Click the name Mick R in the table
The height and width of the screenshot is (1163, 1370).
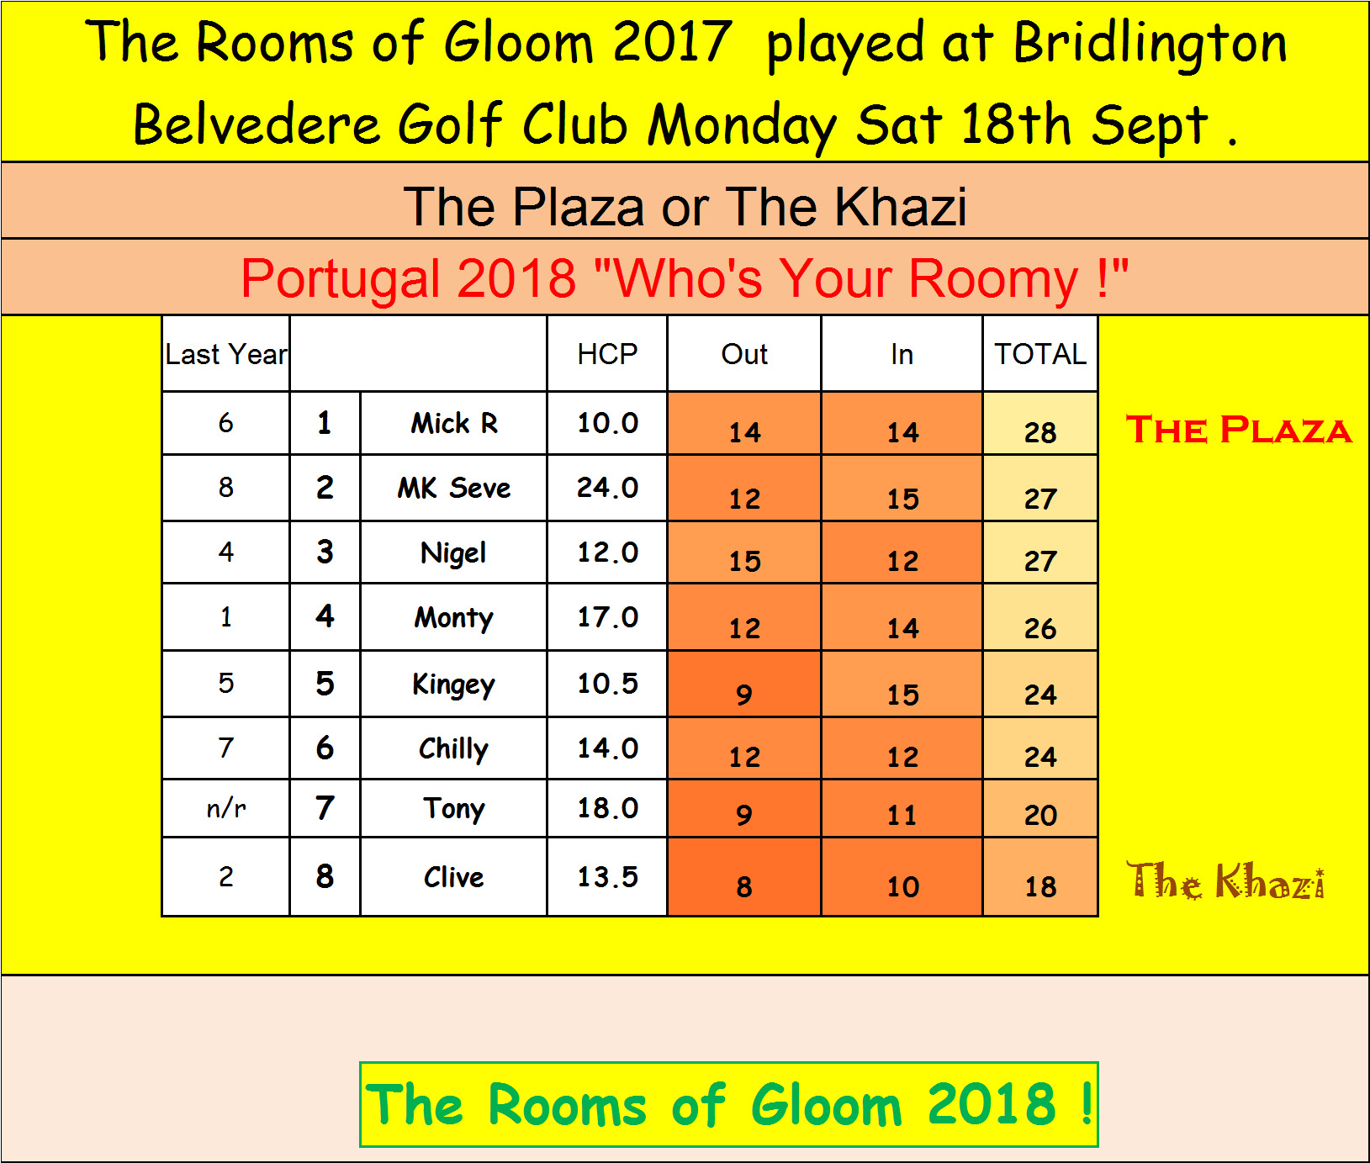(x=454, y=423)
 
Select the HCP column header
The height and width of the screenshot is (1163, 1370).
(x=607, y=354)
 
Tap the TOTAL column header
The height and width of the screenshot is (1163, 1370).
(x=1040, y=354)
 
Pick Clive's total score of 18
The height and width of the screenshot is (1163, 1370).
(x=1040, y=886)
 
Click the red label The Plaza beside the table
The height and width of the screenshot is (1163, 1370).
(x=1239, y=430)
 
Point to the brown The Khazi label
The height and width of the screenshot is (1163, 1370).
(x=1226, y=880)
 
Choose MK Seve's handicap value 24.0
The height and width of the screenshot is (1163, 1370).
(x=607, y=488)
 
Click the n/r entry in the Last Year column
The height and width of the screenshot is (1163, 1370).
(x=226, y=808)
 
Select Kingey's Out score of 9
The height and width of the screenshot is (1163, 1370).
(x=744, y=695)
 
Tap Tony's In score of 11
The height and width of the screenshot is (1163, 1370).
(x=902, y=815)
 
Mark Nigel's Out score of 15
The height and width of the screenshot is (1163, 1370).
(x=744, y=561)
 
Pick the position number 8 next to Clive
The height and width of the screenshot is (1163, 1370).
(x=325, y=876)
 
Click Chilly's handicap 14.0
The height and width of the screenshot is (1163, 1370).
(x=607, y=748)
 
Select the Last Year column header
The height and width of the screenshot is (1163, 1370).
(x=226, y=354)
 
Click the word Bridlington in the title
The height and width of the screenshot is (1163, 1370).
(x=1150, y=44)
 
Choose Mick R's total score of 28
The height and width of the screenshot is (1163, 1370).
(x=1040, y=432)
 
